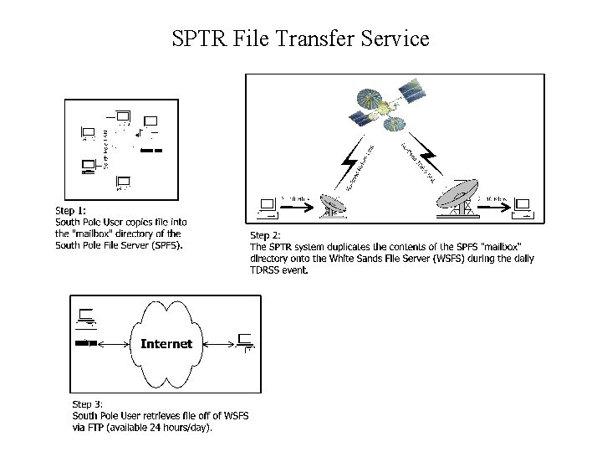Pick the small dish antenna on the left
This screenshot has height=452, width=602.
click(333, 204)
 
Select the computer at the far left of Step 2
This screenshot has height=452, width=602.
click(268, 206)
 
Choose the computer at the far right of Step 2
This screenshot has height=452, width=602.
click(524, 206)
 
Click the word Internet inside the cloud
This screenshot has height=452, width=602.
click(166, 343)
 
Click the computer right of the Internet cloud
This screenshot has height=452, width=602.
click(245, 341)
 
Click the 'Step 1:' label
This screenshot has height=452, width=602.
click(71, 211)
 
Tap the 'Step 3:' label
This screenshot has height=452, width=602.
click(88, 404)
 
